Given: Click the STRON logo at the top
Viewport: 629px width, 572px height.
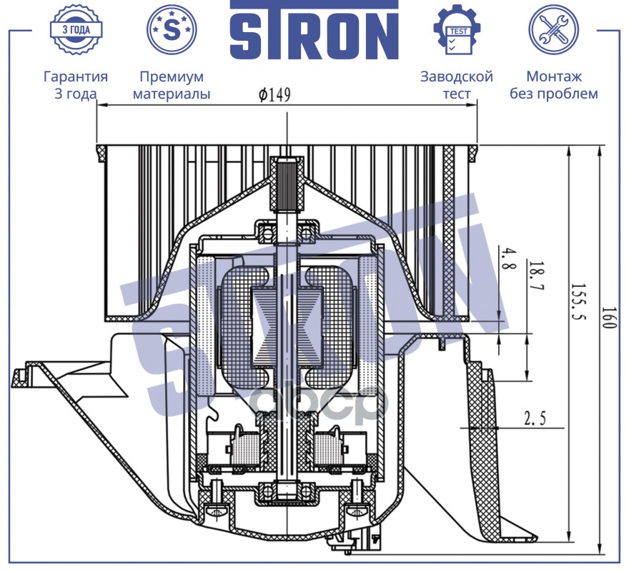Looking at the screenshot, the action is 314,30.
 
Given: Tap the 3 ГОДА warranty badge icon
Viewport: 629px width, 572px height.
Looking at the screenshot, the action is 76,30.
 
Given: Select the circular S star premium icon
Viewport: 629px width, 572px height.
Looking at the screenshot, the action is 172,30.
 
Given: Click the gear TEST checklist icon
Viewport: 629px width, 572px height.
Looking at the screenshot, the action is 457,30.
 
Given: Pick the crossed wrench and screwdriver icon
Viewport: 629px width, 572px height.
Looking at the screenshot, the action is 553,30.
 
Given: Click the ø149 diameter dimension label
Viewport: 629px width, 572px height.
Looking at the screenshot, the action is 274,94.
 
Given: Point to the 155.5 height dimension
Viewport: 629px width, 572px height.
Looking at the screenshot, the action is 578,302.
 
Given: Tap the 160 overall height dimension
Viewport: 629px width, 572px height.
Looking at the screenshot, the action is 608,318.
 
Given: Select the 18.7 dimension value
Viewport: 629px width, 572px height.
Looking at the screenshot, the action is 536,277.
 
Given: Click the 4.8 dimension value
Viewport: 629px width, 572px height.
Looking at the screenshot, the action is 508,260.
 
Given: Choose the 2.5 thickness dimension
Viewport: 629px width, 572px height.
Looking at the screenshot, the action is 535,419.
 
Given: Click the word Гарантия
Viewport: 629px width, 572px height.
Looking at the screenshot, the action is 76,77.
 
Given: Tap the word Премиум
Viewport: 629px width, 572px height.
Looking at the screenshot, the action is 172,77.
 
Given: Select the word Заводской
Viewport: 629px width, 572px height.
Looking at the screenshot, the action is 457,77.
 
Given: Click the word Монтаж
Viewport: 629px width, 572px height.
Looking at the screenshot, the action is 553,77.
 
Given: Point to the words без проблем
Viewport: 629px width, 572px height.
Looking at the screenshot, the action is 553,94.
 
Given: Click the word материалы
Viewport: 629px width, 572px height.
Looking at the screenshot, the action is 172,94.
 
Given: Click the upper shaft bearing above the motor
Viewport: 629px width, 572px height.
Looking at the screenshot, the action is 287,232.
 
